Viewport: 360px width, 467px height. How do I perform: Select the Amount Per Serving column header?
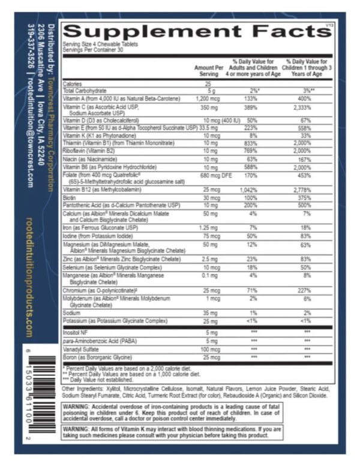(209, 70)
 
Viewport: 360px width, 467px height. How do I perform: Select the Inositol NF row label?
(74, 332)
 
